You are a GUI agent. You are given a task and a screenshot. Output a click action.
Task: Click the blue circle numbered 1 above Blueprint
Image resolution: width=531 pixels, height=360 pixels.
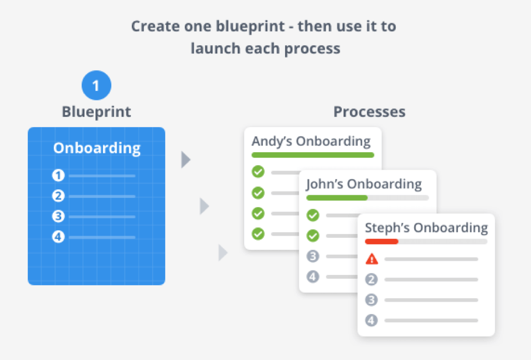click(96, 86)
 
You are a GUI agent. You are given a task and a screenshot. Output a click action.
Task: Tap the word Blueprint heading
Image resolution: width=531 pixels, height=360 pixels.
click(96, 112)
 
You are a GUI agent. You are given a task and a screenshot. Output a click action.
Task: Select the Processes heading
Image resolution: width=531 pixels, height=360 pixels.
click(369, 112)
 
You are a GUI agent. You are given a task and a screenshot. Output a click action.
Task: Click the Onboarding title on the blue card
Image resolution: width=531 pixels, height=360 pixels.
click(96, 148)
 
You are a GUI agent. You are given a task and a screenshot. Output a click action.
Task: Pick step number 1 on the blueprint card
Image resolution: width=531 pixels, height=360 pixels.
click(58, 176)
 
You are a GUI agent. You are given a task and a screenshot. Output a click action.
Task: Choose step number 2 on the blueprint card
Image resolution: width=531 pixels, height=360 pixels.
click(58, 196)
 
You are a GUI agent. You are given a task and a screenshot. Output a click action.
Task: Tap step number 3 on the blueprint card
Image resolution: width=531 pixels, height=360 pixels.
click(58, 217)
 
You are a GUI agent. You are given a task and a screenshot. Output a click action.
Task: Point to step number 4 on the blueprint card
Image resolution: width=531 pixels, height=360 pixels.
click(58, 237)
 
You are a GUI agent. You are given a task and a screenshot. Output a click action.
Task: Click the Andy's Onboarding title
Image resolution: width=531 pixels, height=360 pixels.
click(311, 141)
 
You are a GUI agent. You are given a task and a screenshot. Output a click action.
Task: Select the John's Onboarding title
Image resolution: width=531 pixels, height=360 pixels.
click(364, 184)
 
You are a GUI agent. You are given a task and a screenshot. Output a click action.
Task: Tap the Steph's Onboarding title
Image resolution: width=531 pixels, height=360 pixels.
click(426, 227)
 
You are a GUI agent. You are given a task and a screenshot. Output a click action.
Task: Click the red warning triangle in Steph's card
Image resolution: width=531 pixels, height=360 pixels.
click(371, 259)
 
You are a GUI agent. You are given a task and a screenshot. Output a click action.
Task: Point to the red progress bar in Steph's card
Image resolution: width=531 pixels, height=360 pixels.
click(382, 241)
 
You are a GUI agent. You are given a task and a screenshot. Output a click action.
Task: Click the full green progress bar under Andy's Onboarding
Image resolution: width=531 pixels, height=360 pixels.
click(312, 155)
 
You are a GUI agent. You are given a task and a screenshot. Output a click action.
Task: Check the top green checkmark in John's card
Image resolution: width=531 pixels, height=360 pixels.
click(313, 215)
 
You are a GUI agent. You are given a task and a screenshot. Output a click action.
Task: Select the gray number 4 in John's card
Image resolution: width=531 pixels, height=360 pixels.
click(313, 277)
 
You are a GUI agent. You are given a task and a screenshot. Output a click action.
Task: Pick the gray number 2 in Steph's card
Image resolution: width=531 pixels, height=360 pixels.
click(371, 280)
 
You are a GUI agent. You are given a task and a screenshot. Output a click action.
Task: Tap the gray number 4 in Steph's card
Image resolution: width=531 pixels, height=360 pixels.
click(371, 321)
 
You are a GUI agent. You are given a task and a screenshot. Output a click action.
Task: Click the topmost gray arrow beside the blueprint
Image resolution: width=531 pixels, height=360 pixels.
click(186, 160)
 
